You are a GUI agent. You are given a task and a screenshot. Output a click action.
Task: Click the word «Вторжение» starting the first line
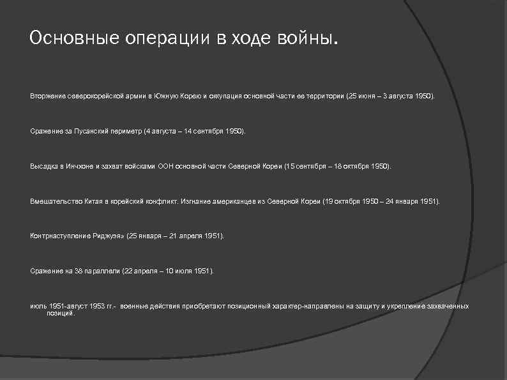coord(46,95)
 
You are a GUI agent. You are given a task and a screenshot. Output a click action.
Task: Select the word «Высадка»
coord(43,165)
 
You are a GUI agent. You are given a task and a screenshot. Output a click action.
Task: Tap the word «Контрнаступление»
coord(57,236)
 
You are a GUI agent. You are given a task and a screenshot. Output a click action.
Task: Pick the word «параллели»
coord(102,271)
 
